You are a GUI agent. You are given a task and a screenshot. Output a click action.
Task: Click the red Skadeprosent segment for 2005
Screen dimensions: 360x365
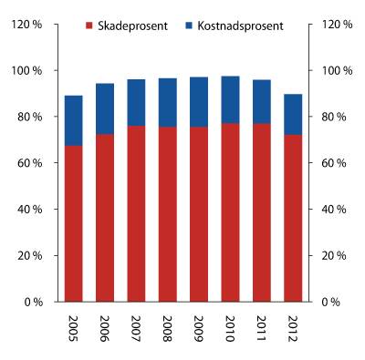coord(74,223)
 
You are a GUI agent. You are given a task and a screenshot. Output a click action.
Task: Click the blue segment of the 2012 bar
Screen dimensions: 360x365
coord(293,114)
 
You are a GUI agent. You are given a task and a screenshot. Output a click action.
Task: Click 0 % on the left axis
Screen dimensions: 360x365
coord(35,302)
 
